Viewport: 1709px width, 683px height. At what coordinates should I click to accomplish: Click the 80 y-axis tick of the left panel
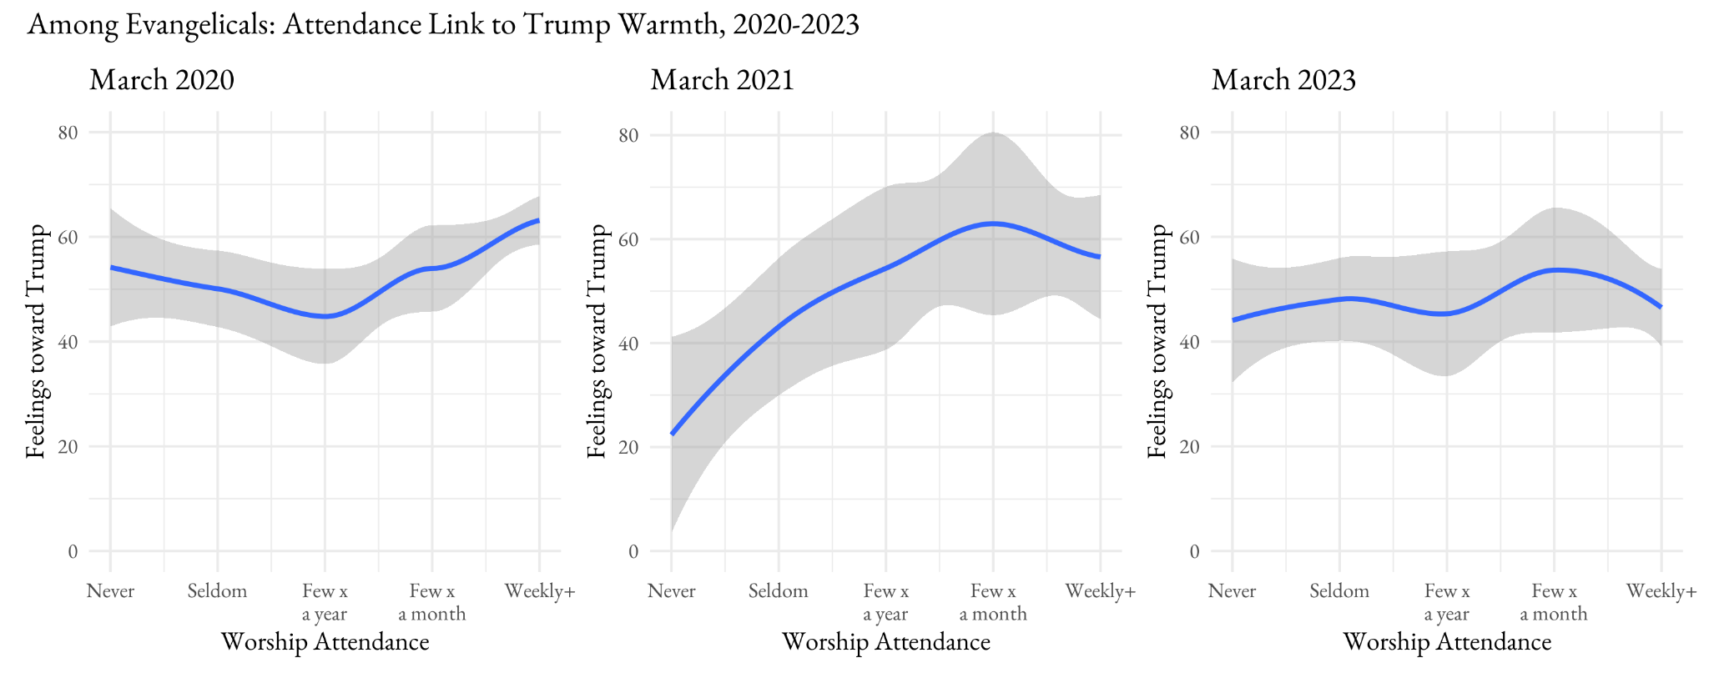68,133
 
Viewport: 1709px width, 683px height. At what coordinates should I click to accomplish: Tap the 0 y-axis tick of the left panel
73,551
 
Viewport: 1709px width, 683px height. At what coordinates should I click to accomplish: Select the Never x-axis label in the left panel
110,591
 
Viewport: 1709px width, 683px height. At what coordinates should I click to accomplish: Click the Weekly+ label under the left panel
540,591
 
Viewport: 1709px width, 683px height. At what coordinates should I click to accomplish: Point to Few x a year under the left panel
325,602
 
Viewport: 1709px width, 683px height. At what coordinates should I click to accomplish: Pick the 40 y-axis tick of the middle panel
628,343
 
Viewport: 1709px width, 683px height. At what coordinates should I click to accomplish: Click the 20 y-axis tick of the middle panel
628,447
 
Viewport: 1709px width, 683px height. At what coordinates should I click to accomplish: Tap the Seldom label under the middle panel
778,591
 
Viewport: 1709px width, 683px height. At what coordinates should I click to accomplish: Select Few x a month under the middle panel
993,602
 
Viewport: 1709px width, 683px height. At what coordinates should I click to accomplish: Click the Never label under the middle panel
671,591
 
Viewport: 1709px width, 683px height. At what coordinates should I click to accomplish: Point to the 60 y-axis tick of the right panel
1189,238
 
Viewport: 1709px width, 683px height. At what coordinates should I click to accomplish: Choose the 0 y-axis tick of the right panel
1194,551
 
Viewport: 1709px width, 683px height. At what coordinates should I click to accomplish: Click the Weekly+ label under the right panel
1661,591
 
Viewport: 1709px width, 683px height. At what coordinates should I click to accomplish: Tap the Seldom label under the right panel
1338,591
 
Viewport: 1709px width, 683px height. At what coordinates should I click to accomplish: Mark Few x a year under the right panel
1446,602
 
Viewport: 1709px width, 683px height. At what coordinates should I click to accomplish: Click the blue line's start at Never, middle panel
673,434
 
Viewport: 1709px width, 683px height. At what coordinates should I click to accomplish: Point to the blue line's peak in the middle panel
993,223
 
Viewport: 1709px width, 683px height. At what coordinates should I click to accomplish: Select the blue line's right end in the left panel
538,220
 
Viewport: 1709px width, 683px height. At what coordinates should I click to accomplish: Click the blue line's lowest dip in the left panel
325,316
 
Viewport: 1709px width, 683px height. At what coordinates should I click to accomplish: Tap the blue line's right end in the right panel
1661,307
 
